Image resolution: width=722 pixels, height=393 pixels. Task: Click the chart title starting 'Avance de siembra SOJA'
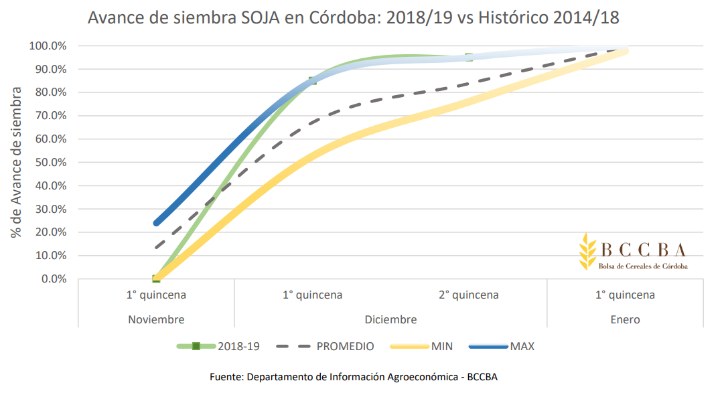click(x=353, y=19)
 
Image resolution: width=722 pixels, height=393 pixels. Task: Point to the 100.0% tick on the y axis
click(x=48, y=46)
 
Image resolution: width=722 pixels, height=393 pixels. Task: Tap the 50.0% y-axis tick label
click(x=50, y=163)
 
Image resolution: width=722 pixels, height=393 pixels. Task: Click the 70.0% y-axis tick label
click(x=50, y=116)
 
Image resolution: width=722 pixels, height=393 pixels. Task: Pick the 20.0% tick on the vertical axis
click(x=50, y=232)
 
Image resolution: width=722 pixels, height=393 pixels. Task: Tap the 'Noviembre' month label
click(x=156, y=319)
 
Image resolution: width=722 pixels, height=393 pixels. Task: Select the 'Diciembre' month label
click(x=390, y=319)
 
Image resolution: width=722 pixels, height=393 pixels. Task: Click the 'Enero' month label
click(x=625, y=319)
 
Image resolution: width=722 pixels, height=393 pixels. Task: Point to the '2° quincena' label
click(x=469, y=295)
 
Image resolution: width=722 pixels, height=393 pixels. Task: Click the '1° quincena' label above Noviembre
click(x=156, y=295)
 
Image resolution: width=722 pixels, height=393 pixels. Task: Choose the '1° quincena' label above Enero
click(x=625, y=295)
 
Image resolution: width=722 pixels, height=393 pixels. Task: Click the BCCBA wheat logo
click(x=587, y=251)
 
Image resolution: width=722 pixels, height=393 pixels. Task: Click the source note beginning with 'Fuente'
click(x=354, y=377)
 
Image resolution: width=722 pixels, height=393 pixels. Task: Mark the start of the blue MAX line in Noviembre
click(x=157, y=223)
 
